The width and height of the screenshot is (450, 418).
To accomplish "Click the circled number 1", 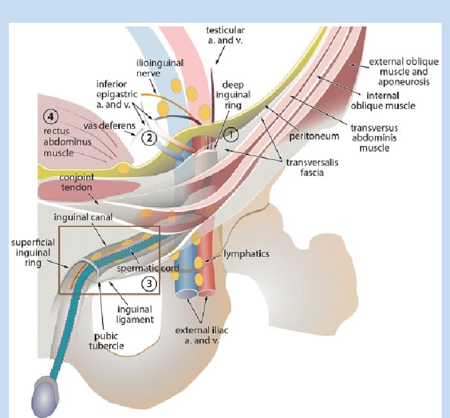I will [231, 134].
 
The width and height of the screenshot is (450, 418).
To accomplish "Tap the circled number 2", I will [149, 137].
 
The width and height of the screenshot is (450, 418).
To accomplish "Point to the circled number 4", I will [50, 116].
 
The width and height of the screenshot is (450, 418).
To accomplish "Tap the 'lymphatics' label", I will [246, 254].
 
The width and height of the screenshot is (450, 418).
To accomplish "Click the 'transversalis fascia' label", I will [307, 166].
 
